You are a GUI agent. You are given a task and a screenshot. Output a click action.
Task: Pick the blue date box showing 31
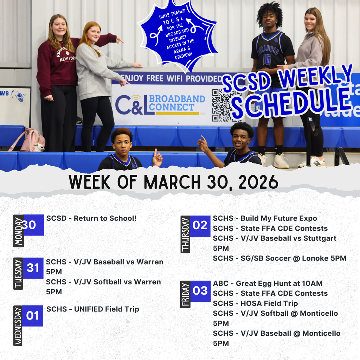(x=33, y=268)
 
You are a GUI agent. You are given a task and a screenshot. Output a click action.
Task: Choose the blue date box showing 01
(x=32, y=316)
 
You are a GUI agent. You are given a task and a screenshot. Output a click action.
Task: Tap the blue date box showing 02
(x=200, y=225)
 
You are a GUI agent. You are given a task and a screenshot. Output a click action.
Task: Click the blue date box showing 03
(x=200, y=291)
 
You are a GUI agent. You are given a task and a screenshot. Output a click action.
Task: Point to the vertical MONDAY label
(x=19, y=231)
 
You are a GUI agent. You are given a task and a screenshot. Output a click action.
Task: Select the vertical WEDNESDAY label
(x=18, y=326)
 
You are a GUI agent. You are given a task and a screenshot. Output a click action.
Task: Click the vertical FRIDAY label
(x=185, y=294)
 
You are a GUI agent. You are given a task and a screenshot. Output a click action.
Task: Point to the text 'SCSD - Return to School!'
(x=91, y=218)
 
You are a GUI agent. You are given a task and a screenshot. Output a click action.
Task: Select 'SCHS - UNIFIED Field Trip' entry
(x=93, y=309)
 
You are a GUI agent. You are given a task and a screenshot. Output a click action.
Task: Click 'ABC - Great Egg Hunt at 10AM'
(x=268, y=283)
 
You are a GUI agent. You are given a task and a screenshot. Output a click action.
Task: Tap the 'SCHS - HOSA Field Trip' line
(x=255, y=303)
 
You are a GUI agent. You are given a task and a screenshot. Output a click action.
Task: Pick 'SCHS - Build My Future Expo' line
(x=265, y=219)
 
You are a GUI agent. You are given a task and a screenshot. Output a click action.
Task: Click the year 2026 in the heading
(x=258, y=182)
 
